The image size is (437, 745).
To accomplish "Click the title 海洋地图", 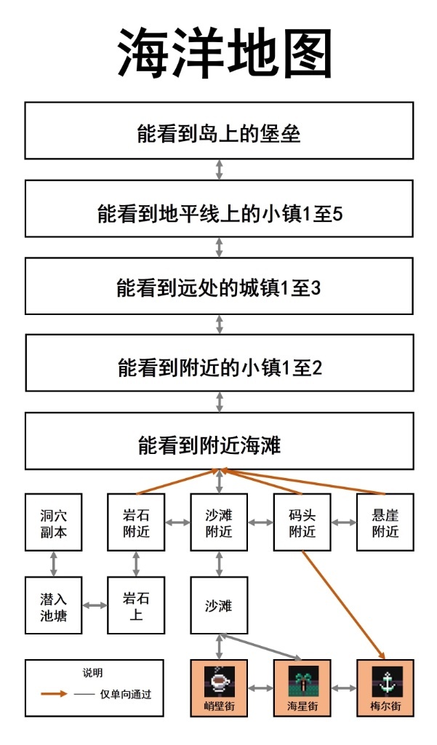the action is (x=224, y=52).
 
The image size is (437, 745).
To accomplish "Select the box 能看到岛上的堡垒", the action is (x=219, y=131).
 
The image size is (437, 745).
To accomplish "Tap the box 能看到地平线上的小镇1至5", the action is (x=219, y=209).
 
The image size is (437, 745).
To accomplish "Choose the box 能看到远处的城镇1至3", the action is (x=219, y=286).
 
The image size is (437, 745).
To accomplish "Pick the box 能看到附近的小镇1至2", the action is (x=219, y=363).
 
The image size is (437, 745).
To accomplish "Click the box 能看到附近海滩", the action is (x=219, y=441).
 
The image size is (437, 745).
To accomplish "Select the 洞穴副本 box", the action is (x=54, y=522).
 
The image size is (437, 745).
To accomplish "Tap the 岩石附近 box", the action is (x=136, y=522).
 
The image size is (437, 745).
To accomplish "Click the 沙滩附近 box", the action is (x=219, y=522).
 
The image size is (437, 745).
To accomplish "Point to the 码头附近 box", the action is (x=302, y=522).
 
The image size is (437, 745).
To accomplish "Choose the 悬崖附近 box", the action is (x=385, y=522).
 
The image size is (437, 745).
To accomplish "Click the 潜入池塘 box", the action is (x=54, y=605).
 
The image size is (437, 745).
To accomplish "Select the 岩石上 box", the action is (x=136, y=605).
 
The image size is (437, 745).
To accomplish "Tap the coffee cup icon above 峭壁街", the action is (x=219, y=681).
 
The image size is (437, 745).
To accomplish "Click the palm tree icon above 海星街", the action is (x=302, y=681).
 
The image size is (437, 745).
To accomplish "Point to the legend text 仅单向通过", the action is (x=125, y=694).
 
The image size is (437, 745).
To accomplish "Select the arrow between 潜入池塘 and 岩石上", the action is (x=95, y=605).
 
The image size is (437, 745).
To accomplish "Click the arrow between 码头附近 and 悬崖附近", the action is (x=343, y=522).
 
